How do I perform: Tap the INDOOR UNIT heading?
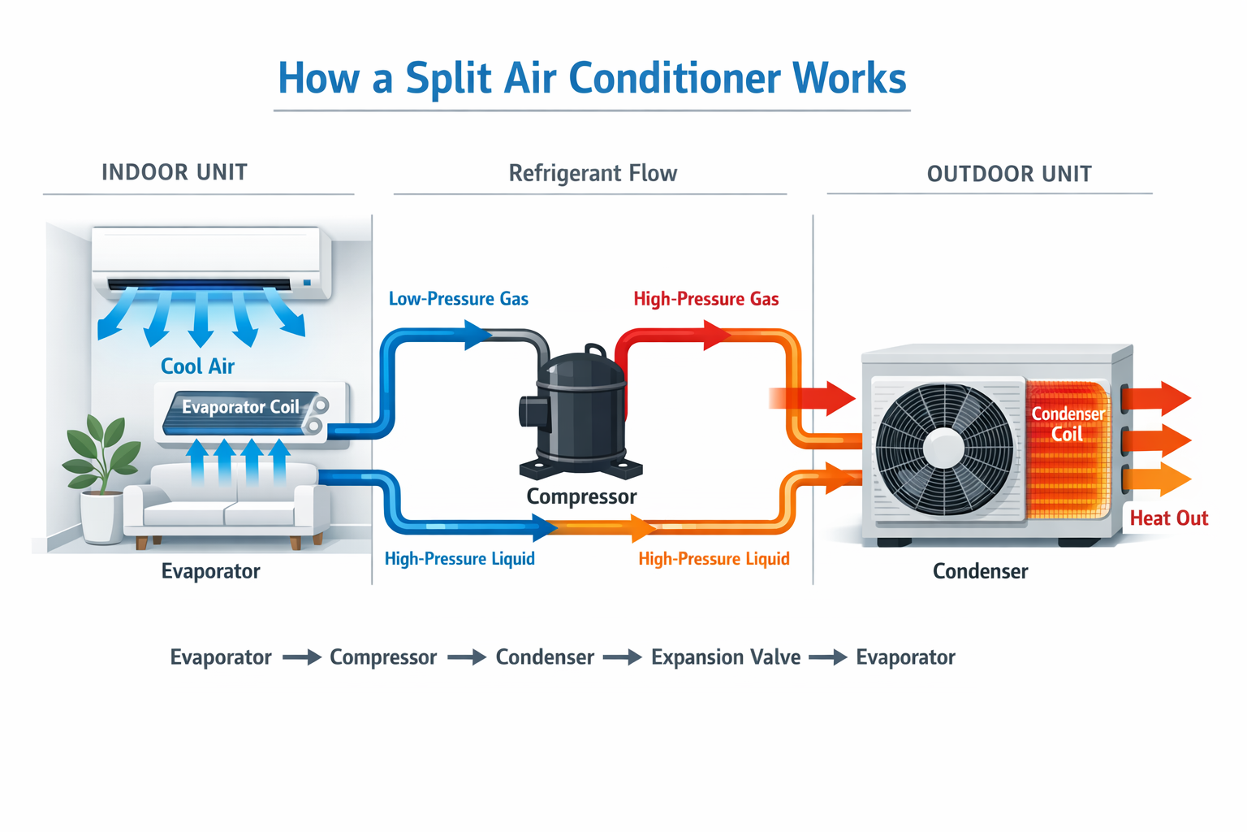(x=175, y=172)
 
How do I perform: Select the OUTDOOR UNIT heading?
(x=1009, y=174)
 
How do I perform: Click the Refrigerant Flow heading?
(x=593, y=173)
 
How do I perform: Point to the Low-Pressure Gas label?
(x=458, y=299)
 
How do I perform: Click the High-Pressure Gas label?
(x=705, y=299)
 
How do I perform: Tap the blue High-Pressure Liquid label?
(x=460, y=559)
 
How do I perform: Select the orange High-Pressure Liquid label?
(x=714, y=559)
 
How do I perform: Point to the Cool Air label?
(x=197, y=366)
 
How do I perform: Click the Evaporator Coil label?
(x=240, y=407)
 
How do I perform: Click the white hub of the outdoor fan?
(x=944, y=448)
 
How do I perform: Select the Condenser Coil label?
(x=1068, y=423)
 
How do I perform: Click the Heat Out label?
(x=1168, y=518)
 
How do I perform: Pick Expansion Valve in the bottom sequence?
(x=726, y=657)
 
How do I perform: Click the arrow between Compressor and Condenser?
(x=466, y=657)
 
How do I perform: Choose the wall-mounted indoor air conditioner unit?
(x=211, y=260)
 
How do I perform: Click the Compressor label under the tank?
(x=581, y=496)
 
